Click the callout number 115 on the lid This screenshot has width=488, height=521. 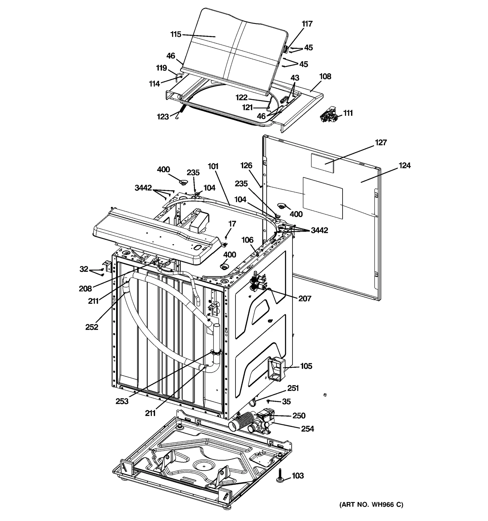176,34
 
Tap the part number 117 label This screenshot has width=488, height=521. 307,24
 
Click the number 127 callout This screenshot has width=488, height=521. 381,143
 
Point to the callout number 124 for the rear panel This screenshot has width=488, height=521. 404,166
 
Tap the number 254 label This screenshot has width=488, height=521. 307,429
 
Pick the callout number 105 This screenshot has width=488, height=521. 306,366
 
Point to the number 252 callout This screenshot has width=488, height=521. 91,327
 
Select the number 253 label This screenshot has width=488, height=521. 122,401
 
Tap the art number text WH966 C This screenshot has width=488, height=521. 371,505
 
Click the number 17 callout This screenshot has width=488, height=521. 232,224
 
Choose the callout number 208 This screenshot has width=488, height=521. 85,289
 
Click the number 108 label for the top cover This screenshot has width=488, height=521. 325,77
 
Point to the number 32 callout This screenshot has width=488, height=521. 84,269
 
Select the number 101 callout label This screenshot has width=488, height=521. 213,166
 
